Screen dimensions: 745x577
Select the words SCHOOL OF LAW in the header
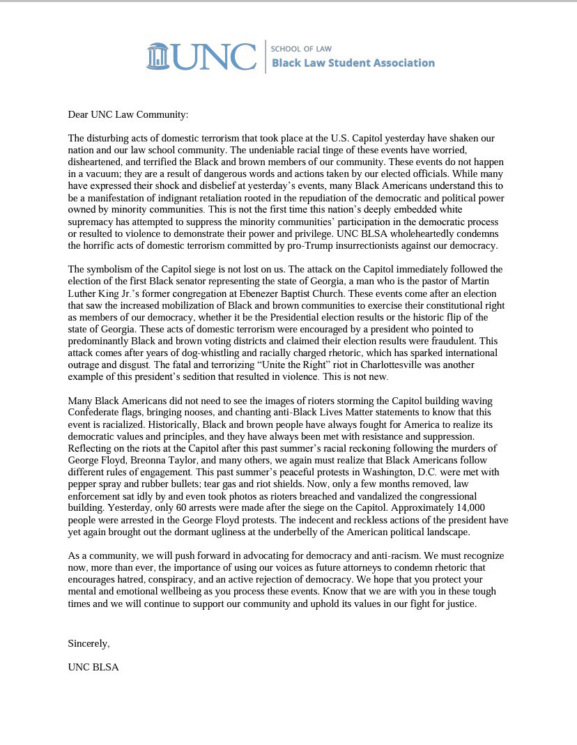point(301,49)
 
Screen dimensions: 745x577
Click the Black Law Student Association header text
point(353,63)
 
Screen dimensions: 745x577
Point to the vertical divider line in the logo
point(265,56)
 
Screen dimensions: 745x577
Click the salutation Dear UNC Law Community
point(128,114)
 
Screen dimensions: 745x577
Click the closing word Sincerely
point(89,643)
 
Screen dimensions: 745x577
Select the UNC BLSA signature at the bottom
point(93,667)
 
